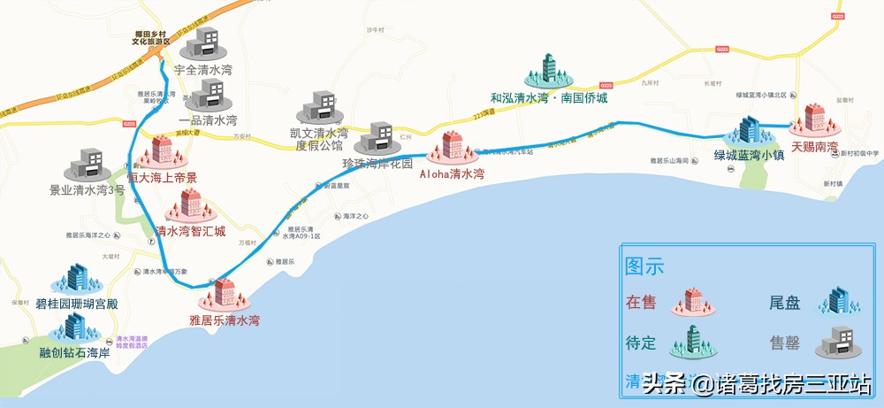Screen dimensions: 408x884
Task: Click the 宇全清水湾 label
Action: (203, 69)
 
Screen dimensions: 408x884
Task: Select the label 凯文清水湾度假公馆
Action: (319, 139)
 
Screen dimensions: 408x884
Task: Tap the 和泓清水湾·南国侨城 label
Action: (549, 99)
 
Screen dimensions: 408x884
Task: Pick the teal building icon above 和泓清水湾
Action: (549, 70)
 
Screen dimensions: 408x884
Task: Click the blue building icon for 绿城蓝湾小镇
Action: (749, 132)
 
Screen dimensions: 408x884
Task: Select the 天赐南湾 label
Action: (814, 146)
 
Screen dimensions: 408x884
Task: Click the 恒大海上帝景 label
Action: (163, 178)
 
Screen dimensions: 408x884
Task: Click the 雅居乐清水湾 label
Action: (225, 320)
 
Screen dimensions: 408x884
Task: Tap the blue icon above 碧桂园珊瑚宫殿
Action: (78, 279)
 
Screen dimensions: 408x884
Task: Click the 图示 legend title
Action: (644, 266)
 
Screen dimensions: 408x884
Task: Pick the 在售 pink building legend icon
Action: (693, 302)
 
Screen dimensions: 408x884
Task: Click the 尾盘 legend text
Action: (785, 303)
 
